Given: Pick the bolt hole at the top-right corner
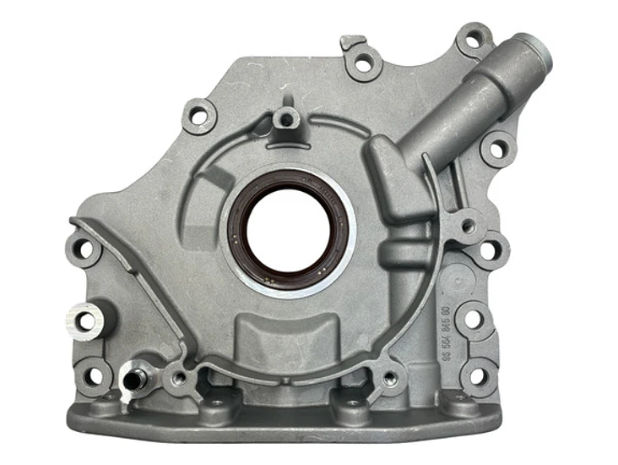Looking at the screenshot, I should coord(474,38).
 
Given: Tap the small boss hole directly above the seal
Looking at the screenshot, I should coord(286,118).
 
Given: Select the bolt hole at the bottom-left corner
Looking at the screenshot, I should coord(93,375).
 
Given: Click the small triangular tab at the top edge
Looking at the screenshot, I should coord(353,41).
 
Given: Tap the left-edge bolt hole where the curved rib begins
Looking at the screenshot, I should coord(84,249).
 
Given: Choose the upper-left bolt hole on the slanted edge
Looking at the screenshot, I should coord(199,116).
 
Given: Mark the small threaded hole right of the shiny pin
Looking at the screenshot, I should coord(178,378).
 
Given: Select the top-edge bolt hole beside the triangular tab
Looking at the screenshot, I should coord(365,63).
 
